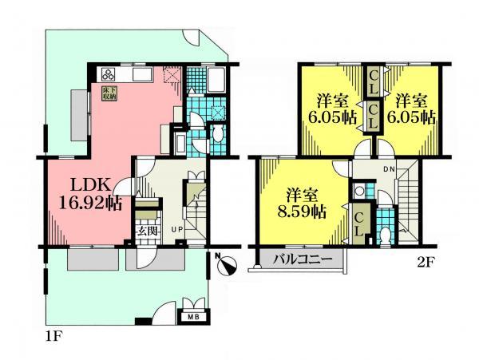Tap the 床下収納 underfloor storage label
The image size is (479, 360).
click(109, 93)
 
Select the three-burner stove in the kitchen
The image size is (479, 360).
click(107, 74)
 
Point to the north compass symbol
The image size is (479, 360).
click(227, 264)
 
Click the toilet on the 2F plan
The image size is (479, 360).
click(385, 235)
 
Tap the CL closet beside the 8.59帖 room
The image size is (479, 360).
click(359, 223)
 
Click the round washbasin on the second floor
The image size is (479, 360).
click(360, 191)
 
